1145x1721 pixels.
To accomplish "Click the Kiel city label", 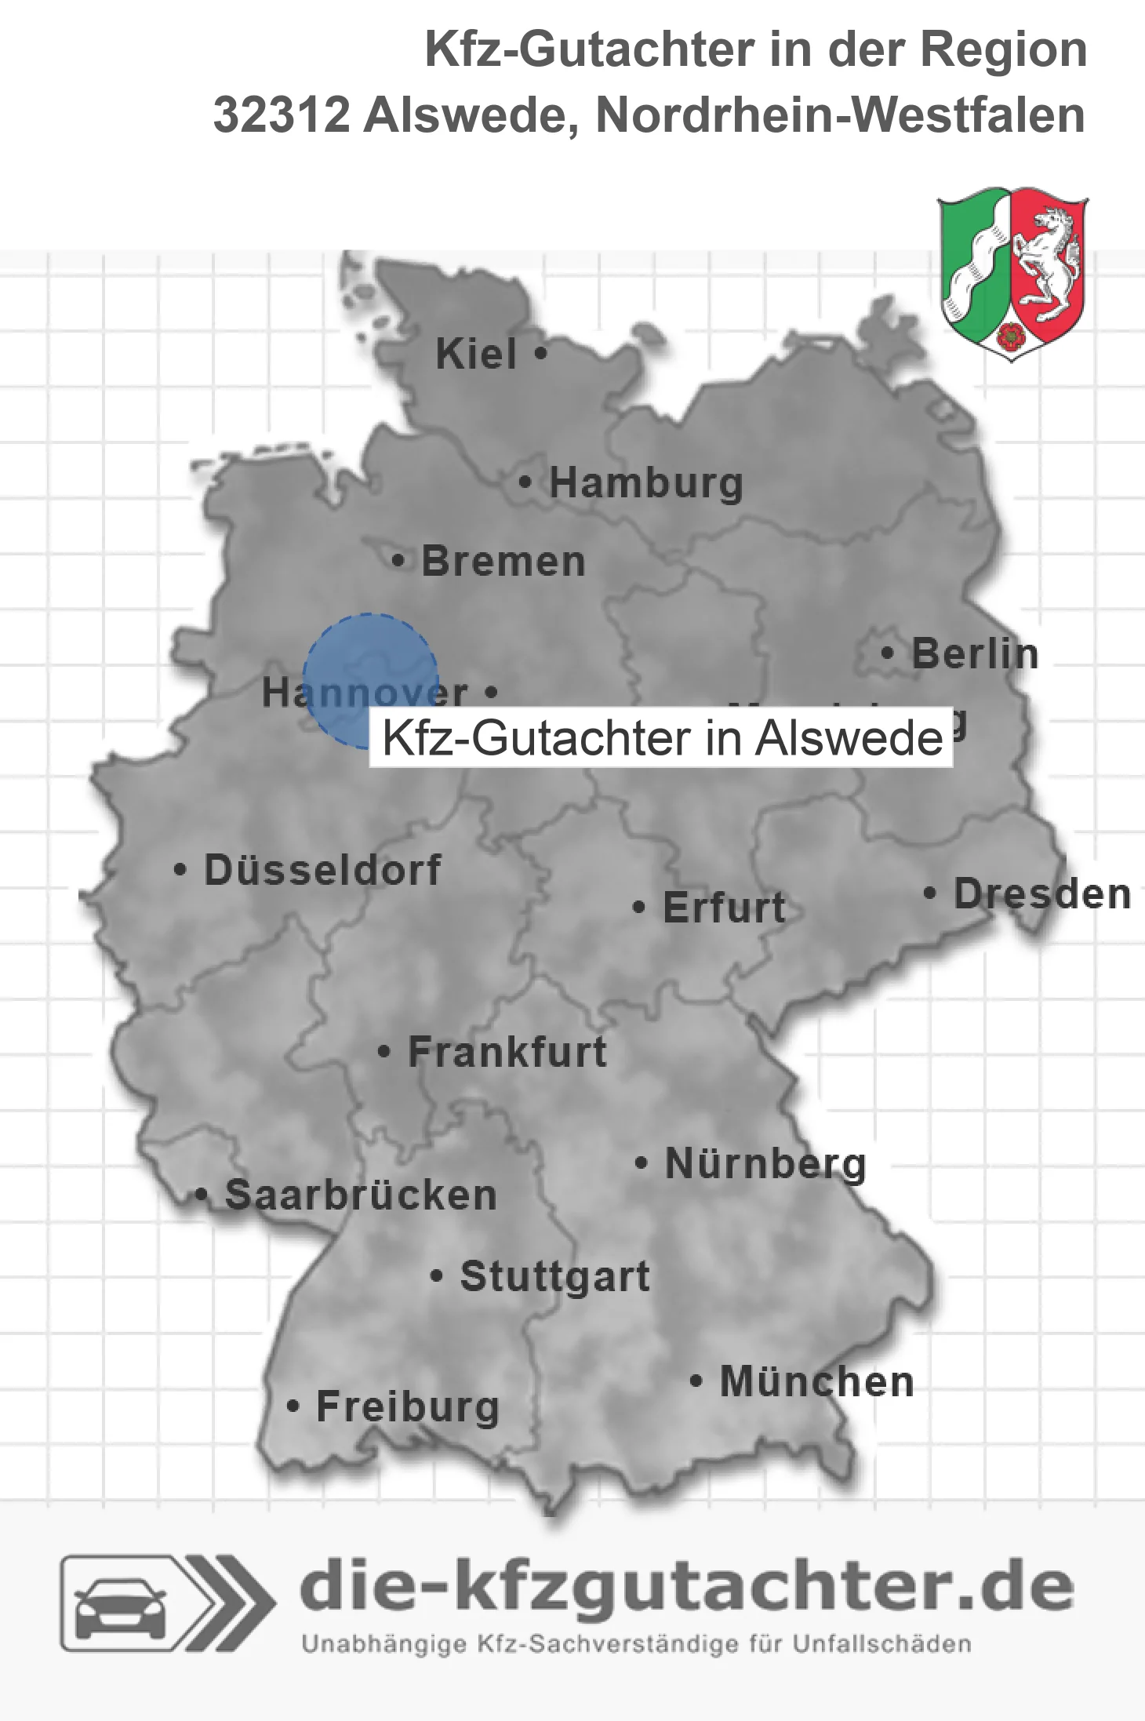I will [x=476, y=354].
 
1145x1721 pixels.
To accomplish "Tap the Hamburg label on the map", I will [x=645, y=482].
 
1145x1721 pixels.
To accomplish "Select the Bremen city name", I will [x=503, y=562].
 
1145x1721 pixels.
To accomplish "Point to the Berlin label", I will [x=975, y=653].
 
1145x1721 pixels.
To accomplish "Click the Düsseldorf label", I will [x=322, y=870].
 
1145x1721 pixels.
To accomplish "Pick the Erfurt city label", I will [x=724, y=908].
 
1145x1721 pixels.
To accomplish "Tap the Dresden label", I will [x=1042, y=893].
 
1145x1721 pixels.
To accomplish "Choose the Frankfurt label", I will [x=507, y=1052].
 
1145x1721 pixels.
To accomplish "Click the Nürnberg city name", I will [x=765, y=1163].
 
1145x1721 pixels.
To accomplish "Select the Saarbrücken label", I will [x=361, y=1195].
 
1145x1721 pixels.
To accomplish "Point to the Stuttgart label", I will [x=554, y=1276].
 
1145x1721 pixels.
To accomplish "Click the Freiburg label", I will [x=408, y=1406].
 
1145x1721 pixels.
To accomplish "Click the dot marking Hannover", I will [x=492, y=692].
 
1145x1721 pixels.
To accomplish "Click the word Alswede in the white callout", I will [x=849, y=738].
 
